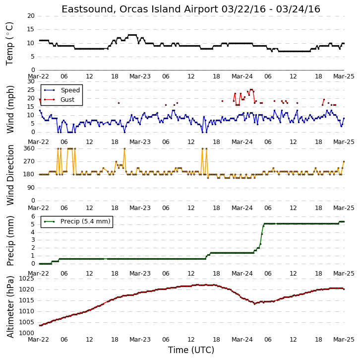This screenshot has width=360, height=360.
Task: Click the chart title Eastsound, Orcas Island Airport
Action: (140, 9)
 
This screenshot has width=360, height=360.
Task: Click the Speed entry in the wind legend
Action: (70, 90)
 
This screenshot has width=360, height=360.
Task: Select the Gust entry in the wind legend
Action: (67, 99)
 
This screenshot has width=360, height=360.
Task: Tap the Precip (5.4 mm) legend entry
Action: (85, 221)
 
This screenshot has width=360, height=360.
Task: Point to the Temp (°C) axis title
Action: (9, 44)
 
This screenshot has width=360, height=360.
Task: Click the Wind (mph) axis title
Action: (10, 109)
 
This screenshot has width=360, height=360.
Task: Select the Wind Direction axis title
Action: (10, 175)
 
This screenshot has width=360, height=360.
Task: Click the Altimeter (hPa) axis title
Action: (10, 307)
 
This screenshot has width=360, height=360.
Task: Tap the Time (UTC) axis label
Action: (191, 350)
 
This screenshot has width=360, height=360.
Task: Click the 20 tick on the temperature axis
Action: (31, 16)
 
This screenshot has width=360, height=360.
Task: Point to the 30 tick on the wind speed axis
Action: (31, 81)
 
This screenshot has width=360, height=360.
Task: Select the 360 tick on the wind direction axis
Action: (29, 148)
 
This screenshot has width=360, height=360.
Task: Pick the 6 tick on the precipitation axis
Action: (33, 216)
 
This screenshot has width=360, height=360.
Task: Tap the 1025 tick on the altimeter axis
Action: (26, 279)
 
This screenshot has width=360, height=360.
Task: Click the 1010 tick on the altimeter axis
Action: (26, 311)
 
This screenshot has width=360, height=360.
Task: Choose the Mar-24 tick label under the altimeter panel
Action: (242, 340)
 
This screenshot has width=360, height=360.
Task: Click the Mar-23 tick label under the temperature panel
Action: (140, 76)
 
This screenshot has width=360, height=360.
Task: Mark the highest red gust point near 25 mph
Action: (251, 90)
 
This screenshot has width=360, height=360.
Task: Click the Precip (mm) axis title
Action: (10, 241)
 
